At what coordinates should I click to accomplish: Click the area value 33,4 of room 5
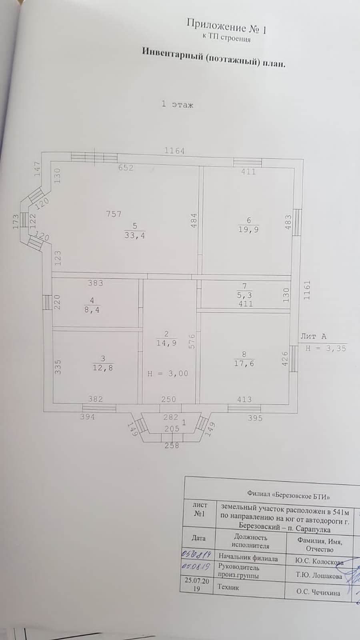135,236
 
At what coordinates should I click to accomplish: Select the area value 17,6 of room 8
244,364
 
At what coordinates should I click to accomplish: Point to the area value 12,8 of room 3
103,368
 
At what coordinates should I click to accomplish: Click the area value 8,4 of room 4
92,310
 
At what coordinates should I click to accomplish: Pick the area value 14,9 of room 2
166,343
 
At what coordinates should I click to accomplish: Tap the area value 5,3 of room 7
245,296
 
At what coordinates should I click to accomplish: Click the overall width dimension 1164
175,151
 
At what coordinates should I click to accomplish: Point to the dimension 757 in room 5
114,214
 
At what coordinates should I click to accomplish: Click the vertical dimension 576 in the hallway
192,342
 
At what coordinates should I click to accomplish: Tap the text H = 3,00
168,374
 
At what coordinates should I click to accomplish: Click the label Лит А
313,336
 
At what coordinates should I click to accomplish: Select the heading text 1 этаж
177,104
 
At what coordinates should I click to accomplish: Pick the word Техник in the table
228,587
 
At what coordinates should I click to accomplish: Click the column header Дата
198,538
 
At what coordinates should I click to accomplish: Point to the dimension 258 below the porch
172,445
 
